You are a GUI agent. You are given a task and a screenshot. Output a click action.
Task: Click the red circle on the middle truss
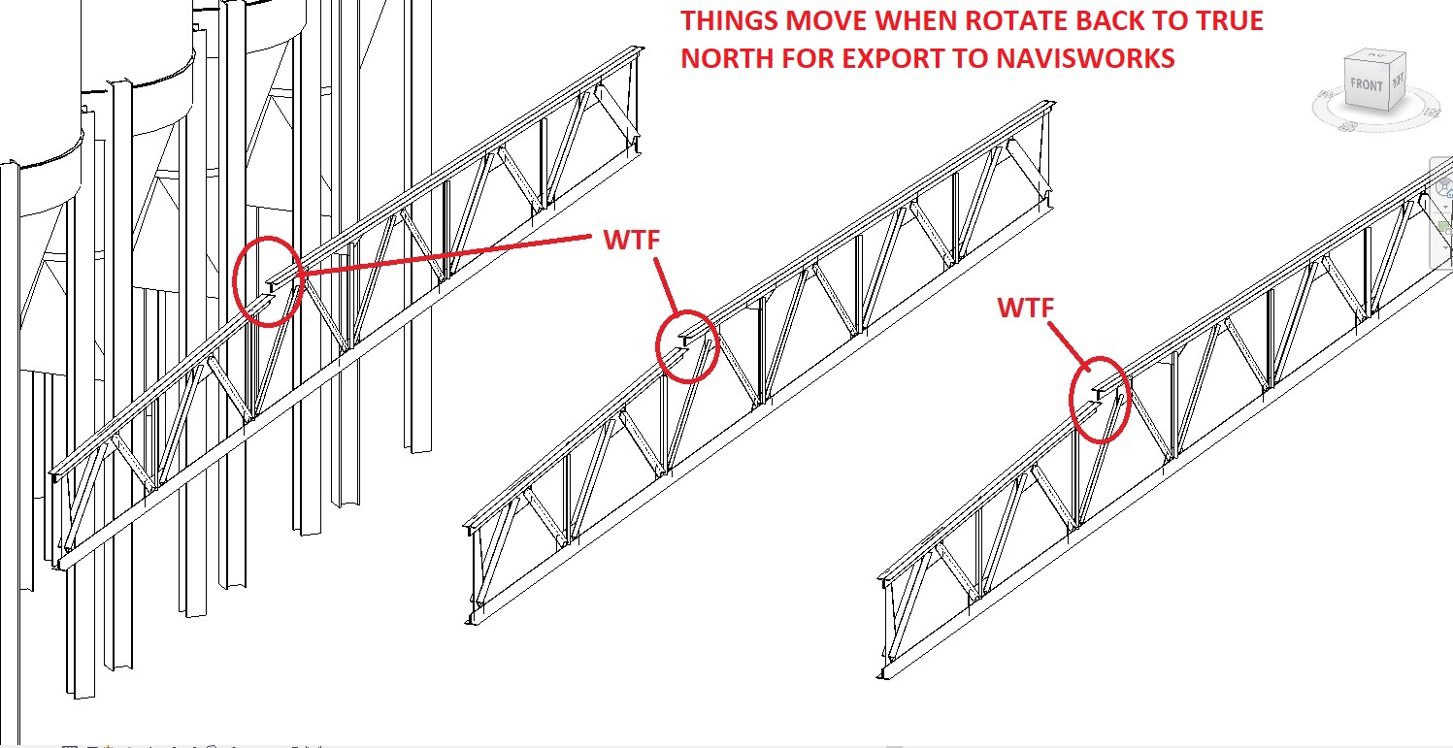click(x=687, y=345)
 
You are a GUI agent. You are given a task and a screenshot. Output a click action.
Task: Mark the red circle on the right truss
click(x=1101, y=400)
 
